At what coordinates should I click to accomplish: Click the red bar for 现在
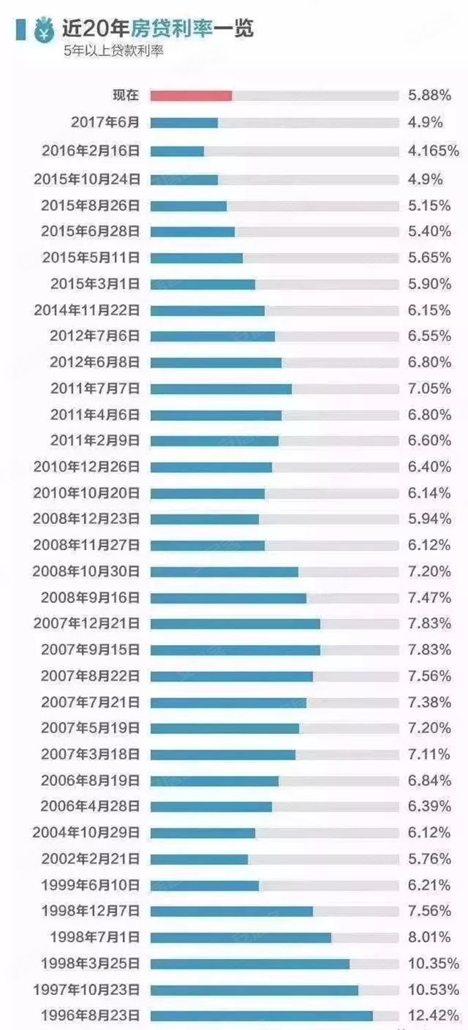click(x=191, y=96)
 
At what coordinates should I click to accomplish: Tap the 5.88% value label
click(x=429, y=96)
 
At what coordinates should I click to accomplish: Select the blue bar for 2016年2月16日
click(x=177, y=151)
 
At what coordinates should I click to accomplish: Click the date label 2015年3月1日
click(x=95, y=284)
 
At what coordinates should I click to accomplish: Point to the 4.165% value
click(x=433, y=151)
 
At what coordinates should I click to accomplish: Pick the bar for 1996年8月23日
click(x=262, y=1016)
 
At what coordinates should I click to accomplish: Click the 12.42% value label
click(x=433, y=1016)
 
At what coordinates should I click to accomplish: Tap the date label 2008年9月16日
click(x=90, y=597)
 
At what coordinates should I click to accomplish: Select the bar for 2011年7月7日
click(x=221, y=388)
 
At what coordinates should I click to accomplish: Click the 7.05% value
click(x=429, y=388)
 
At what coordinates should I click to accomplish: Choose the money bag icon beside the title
click(x=44, y=30)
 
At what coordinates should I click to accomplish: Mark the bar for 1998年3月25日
click(x=250, y=963)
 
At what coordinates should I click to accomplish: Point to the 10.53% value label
click(x=433, y=989)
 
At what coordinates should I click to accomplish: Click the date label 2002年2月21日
click(x=90, y=859)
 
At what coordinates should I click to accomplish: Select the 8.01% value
click(x=429, y=937)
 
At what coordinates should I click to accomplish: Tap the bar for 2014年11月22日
click(x=207, y=311)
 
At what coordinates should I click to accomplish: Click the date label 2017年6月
click(x=105, y=123)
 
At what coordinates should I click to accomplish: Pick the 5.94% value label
click(x=429, y=518)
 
